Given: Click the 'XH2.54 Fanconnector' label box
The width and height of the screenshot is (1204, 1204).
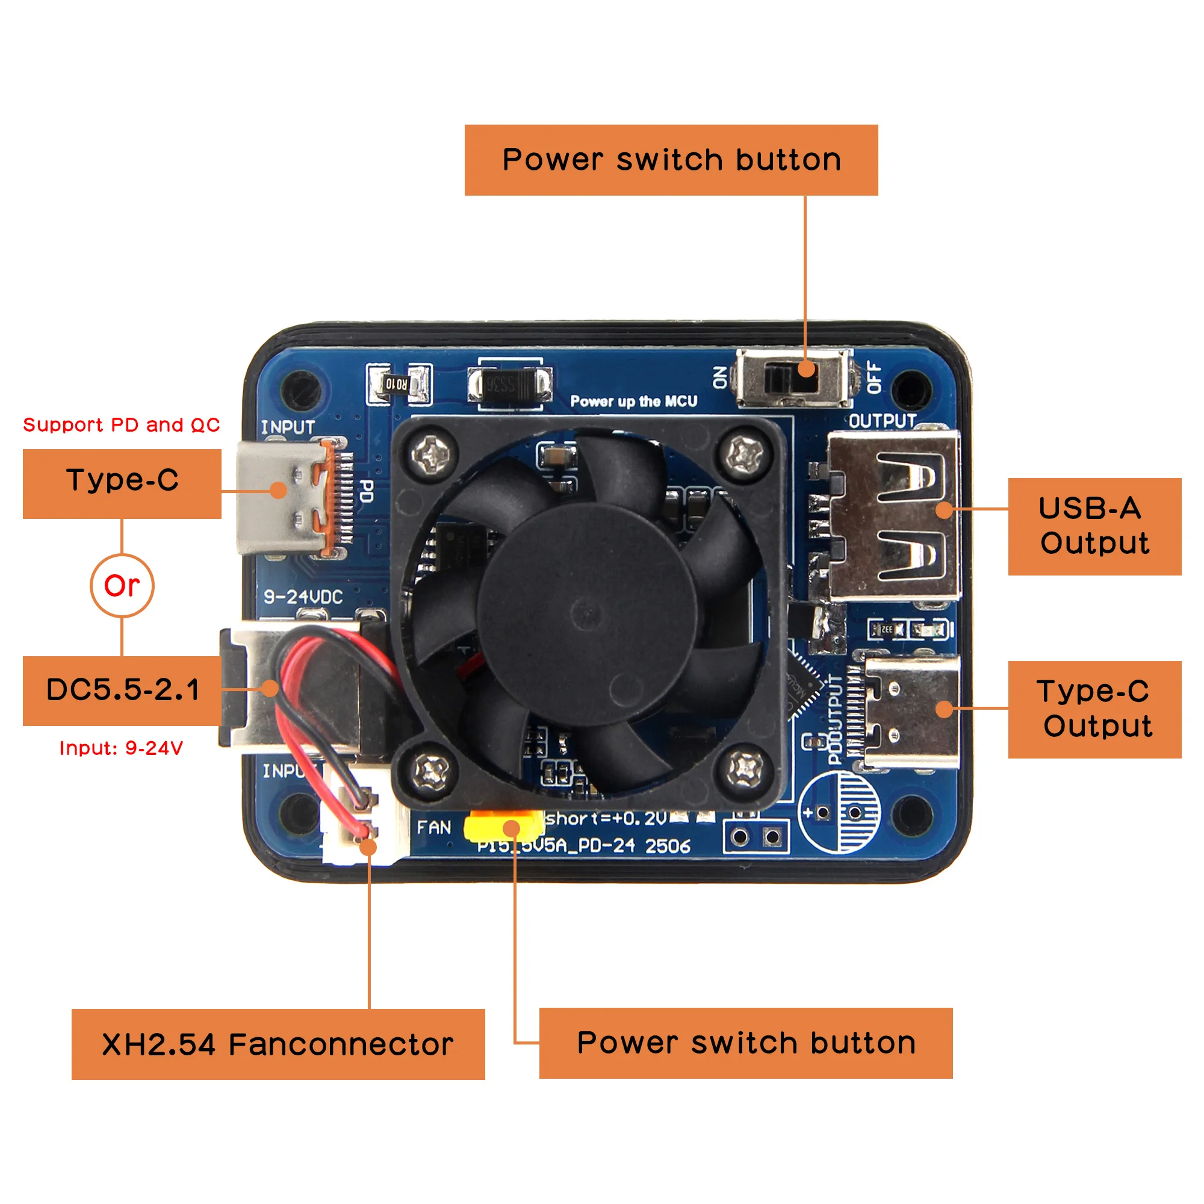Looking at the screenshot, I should pos(278,1044).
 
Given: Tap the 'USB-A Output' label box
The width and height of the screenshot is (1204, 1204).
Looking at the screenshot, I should pos(1094,526).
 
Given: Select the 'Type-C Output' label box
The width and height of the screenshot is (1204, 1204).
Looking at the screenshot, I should pos(1094,709).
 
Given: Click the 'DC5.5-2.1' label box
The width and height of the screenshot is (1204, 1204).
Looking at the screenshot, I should pos(122,690).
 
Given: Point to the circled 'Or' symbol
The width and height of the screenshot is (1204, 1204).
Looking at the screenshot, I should pos(122,586).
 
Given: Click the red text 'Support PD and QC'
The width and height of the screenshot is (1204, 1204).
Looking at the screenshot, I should pos(122,425).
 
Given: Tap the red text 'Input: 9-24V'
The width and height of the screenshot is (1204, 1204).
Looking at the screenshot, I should pos(122,748).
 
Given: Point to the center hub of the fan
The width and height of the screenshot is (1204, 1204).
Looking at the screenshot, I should pos(586,614).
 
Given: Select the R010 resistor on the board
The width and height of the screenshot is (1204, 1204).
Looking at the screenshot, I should pos(397,383).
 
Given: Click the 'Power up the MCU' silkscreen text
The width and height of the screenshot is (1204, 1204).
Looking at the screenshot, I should pos(634,402).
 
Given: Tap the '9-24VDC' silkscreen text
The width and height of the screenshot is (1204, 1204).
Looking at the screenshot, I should pos(303,597).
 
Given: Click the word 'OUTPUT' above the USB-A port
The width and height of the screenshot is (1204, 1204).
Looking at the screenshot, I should pos(883,421).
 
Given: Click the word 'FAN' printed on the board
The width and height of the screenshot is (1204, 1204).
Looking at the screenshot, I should pos(433,828).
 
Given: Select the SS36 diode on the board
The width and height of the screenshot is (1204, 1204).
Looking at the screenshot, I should pos(510,384).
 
